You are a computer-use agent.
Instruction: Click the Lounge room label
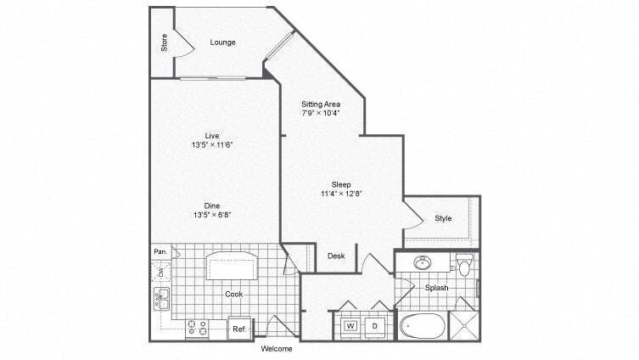click(x=224, y=42)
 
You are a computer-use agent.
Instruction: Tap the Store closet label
click(x=164, y=42)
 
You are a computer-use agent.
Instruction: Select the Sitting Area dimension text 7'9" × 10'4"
click(x=321, y=113)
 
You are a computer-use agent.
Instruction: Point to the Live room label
click(x=212, y=135)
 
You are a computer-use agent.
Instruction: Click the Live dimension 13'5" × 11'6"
click(x=212, y=144)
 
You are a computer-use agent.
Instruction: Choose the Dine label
click(x=212, y=205)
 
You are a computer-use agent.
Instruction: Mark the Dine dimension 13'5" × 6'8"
click(x=212, y=215)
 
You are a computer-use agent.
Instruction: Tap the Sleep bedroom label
click(x=341, y=184)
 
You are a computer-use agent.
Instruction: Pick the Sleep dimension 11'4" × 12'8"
click(x=341, y=194)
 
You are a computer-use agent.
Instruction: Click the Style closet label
click(x=444, y=219)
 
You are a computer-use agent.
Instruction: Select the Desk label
click(x=336, y=256)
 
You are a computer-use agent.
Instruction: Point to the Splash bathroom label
click(x=436, y=288)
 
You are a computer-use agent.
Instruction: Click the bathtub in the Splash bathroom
click(x=423, y=326)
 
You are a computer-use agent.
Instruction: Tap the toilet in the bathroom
click(x=463, y=267)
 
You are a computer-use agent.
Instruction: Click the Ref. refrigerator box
click(x=239, y=329)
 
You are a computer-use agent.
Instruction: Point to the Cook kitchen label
click(x=234, y=294)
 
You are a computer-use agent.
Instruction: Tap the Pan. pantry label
click(x=160, y=252)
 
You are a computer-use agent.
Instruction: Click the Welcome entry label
click(x=277, y=349)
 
